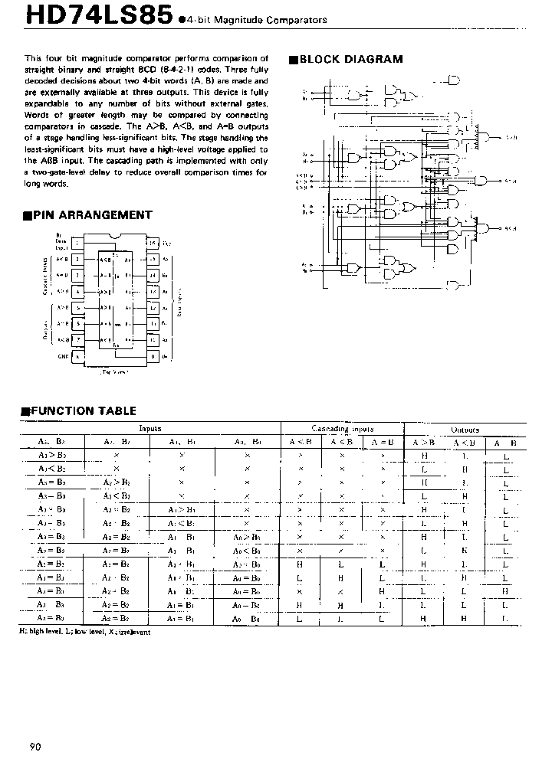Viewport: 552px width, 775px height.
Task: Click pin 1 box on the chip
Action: pyautogui.click(x=78, y=243)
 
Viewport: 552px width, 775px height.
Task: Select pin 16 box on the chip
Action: pyautogui.click(x=152, y=243)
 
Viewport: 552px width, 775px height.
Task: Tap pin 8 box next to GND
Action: pyautogui.click(x=78, y=356)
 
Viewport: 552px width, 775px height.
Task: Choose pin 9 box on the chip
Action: pyautogui.click(x=152, y=356)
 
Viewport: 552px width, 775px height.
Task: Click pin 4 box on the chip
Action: pyautogui.click(x=78, y=292)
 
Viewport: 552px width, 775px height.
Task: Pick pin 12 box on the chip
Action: pyautogui.click(x=152, y=308)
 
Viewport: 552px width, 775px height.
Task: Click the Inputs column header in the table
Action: pyautogui.click(x=150, y=430)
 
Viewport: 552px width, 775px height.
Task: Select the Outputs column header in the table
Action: pyautogui.click(x=465, y=430)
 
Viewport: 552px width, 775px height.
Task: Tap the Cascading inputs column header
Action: pyautogui.click(x=342, y=430)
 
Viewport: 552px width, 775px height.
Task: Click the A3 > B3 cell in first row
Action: pyautogui.click(x=52, y=454)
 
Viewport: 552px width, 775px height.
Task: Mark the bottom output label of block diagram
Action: pyautogui.click(x=510, y=228)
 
